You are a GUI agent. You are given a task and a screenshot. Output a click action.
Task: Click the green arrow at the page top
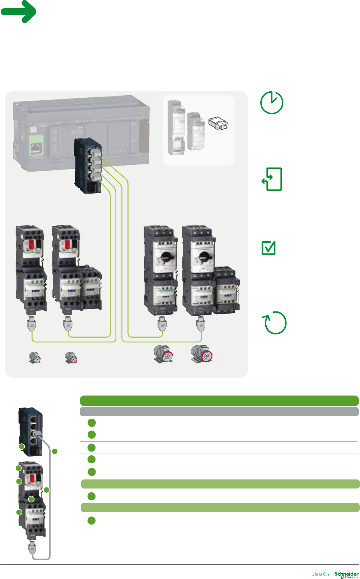(19, 11)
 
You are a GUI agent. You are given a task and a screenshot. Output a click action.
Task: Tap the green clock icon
(272, 103)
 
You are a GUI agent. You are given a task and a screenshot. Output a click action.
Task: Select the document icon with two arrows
(272, 179)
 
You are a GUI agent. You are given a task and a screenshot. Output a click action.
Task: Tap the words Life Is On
(320, 574)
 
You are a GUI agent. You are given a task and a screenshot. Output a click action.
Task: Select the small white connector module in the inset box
(219, 124)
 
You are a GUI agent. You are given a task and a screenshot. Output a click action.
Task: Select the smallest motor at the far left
(35, 358)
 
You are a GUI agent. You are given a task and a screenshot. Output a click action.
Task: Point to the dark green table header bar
(219, 400)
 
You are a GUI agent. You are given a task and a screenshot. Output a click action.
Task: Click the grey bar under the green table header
(219, 412)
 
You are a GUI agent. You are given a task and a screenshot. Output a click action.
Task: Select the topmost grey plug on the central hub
(95, 151)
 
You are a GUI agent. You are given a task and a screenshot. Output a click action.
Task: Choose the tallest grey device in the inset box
(176, 127)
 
